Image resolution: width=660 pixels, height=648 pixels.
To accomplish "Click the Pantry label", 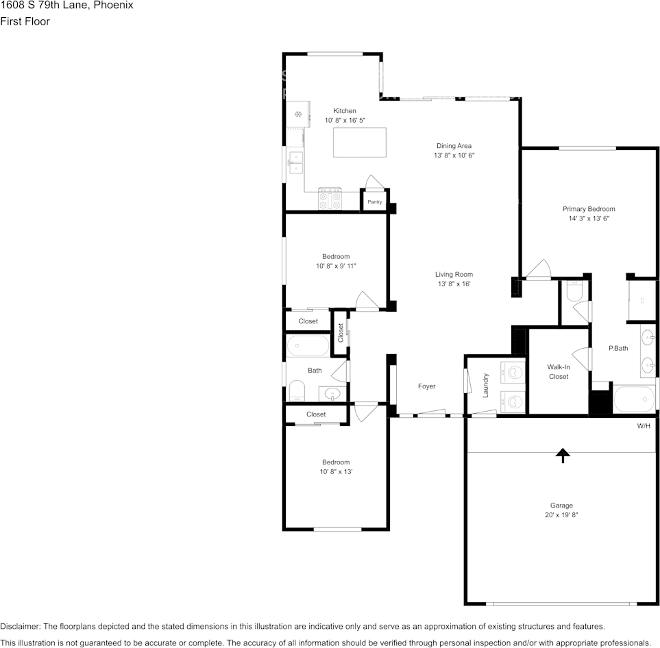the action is point(375,202).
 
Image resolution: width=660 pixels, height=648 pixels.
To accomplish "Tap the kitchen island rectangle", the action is point(360,142).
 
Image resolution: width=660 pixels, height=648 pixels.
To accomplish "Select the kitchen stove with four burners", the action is point(330,198).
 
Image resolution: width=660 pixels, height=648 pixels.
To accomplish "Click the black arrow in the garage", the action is point(563,456).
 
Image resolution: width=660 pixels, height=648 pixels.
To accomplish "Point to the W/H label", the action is point(644,426).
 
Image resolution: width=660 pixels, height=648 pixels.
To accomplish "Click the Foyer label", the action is point(427,386).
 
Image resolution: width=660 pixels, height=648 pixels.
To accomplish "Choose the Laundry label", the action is point(485,386).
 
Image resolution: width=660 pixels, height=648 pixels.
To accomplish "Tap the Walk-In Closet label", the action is point(559,372).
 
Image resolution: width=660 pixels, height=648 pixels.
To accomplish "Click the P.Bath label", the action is point(618,349).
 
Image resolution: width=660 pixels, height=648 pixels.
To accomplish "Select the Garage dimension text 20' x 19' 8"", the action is point(561,515).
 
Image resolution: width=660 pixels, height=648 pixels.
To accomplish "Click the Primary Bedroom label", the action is point(589,209).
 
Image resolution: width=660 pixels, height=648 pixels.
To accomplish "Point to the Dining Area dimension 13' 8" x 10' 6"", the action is point(454,155).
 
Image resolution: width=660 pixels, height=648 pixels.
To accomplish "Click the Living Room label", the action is point(454,275).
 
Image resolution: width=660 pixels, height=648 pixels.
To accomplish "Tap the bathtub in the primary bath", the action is point(634,399).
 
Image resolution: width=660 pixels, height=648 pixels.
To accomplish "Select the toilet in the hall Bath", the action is point(297,390).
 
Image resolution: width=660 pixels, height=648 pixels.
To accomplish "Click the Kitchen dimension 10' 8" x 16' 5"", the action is point(345,121).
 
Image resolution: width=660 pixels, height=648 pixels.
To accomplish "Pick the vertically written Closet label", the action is point(341,332).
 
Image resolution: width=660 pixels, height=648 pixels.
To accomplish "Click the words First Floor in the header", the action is point(25,21).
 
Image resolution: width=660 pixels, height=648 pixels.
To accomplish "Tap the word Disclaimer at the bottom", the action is point(20,627).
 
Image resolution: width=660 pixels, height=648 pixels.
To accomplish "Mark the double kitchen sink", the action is point(296,163).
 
